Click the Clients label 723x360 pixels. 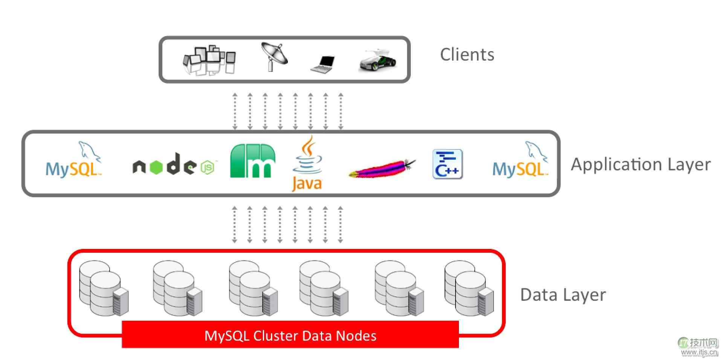tap(467, 55)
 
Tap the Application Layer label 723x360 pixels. tap(640, 165)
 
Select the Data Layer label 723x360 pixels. tap(563, 295)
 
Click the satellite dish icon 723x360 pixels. tap(274, 56)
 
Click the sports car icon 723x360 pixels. tap(378, 60)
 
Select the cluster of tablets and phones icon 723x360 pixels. tap(209, 61)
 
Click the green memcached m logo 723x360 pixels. tap(252, 161)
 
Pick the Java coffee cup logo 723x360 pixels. tap(307, 164)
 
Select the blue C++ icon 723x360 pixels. tap(447, 164)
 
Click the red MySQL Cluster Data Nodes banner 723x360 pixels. tap(290, 335)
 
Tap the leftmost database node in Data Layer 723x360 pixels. tap(103, 288)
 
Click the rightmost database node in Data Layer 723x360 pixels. tap(469, 288)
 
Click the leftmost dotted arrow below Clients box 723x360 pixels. tap(235, 111)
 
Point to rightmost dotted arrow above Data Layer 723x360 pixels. tap(340, 224)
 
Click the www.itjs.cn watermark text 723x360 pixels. tap(699, 352)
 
